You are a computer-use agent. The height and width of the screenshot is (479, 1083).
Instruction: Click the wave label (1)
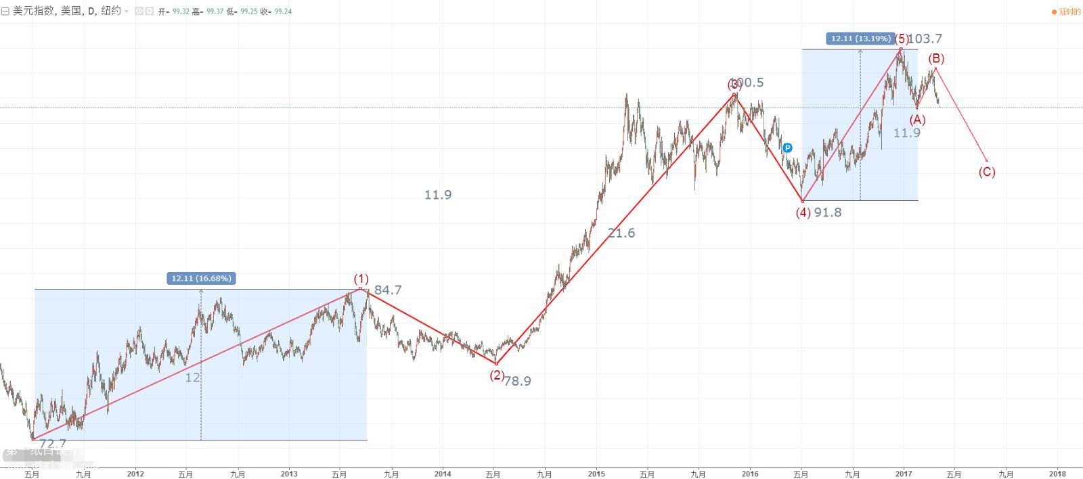[361, 279]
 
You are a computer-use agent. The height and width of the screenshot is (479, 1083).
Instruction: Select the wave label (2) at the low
[497, 375]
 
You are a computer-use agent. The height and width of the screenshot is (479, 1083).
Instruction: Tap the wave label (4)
[803, 212]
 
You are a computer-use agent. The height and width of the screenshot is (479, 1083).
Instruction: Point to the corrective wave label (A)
[917, 120]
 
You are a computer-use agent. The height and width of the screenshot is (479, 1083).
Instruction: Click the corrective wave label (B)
[936, 59]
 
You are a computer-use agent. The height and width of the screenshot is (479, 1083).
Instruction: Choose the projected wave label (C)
[987, 172]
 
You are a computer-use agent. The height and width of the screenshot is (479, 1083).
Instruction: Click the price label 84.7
[388, 290]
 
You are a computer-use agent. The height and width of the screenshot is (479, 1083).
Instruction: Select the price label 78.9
[518, 381]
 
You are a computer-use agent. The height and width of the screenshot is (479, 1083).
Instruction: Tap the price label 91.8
[828, 212]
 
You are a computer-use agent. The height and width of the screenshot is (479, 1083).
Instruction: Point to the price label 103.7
[925, 39]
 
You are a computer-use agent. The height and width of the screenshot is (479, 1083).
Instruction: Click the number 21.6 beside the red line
[621, 233]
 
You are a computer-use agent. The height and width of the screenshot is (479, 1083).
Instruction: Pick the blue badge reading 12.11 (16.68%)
[201, 278]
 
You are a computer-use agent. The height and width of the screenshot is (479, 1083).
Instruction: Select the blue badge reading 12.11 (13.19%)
[860, 39]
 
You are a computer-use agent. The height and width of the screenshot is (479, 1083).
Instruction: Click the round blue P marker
[787, 147]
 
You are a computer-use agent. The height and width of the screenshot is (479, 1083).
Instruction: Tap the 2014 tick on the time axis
[443, 474]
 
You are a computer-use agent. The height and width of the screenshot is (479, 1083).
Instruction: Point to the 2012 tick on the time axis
[136, 474]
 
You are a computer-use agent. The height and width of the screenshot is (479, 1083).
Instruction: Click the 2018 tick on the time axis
[1057, 474]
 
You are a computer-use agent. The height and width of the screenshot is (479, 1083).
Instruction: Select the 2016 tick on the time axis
[749, 474]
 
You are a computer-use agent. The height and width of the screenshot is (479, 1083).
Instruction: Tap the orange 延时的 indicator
[1068, 12]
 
